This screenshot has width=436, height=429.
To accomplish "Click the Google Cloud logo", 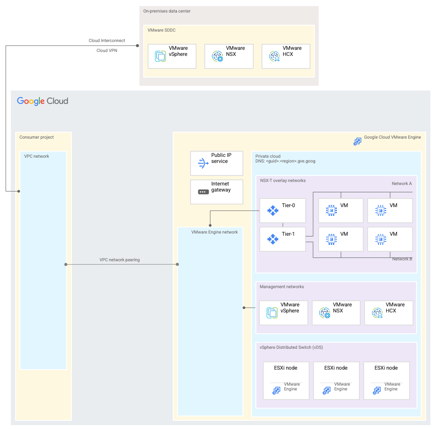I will (42, 101).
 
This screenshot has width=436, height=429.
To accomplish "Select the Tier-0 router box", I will (283, 211).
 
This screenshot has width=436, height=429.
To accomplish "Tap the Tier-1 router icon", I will (273, 239).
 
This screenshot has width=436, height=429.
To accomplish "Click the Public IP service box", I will (216, 163).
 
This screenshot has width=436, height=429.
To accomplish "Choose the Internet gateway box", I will (216, 192).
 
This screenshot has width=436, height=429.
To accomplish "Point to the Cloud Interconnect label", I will (107, 41).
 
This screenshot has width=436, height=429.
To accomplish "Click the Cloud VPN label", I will (107, 50).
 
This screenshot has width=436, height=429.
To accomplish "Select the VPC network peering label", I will (119, 260).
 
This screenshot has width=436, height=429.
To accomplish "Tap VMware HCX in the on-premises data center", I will (286, 56).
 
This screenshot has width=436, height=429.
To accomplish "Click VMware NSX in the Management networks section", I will (336, 312).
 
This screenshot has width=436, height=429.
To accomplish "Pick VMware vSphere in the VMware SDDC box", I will (172, 56).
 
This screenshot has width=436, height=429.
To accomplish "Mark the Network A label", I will (402, 184).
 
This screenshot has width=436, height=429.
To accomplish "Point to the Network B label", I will (402, 259).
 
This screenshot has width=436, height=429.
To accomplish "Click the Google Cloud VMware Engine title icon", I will (357, 141).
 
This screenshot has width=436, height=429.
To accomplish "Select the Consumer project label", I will (37, 137).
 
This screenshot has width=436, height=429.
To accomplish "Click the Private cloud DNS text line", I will (285, 161).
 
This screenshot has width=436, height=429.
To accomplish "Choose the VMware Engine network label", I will (214, 232).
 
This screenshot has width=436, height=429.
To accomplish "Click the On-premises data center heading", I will (167, 11).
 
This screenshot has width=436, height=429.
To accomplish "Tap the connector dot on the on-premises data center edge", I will (138, 45).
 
